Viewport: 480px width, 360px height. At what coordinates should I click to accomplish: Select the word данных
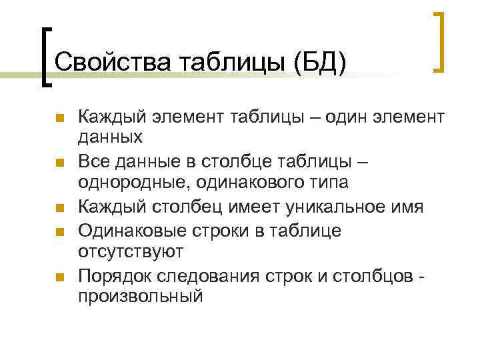(110, 137)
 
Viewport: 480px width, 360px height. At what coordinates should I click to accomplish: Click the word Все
(92, 161)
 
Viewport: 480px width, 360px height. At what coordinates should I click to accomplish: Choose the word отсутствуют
(131, 251)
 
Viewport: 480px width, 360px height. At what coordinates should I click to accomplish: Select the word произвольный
(140, 297)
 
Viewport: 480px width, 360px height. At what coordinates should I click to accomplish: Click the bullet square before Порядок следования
(59, 277)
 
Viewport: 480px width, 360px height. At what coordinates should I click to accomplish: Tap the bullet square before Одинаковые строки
(59, 231)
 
